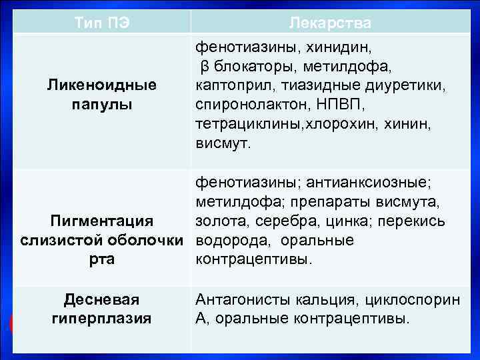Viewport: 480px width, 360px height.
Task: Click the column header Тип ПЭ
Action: (101, 23)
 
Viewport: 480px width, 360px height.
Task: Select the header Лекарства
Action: (331, 23)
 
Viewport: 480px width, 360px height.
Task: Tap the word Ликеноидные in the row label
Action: (101, 85)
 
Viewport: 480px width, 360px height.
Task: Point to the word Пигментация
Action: (102, 221)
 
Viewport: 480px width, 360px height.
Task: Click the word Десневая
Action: (101, 300)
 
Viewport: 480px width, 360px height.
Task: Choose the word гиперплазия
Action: (101, 319)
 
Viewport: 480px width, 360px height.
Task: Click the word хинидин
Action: (339, 48)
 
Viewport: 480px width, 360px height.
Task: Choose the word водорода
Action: (225, 240)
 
